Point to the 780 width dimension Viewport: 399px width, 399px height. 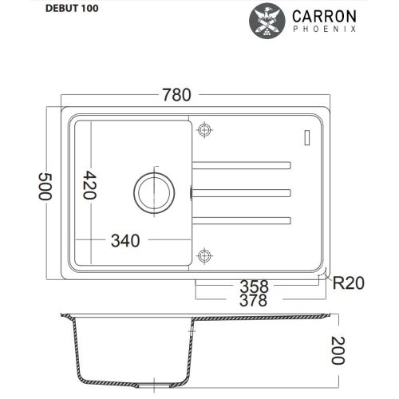click(176, 95)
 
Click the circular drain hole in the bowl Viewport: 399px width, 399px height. click(152, 192)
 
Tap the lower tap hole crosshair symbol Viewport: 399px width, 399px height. click(205, 255)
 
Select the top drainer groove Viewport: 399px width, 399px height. click(241, 164)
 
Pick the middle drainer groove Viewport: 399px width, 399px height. click(241, 192)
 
